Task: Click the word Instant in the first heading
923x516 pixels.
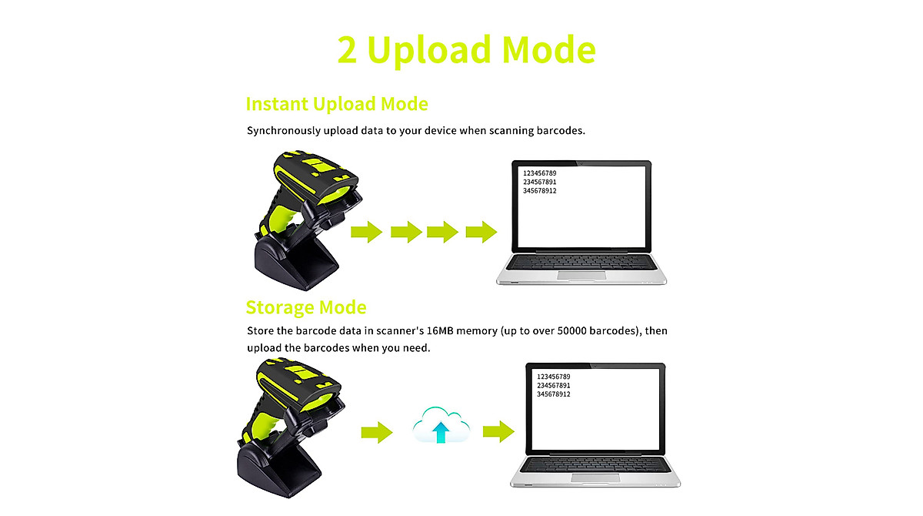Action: (280, 104)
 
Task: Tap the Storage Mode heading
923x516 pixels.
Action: (306, 308)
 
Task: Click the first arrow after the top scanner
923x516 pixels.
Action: (367, 231)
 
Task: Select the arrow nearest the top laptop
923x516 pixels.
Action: (481, 231)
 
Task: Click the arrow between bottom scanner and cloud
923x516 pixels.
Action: (377, 431)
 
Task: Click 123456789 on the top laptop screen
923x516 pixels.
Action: (539, 173)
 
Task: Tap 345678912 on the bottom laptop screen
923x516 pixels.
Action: (553, 394)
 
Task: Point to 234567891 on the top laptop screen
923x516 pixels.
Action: (539, 182)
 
